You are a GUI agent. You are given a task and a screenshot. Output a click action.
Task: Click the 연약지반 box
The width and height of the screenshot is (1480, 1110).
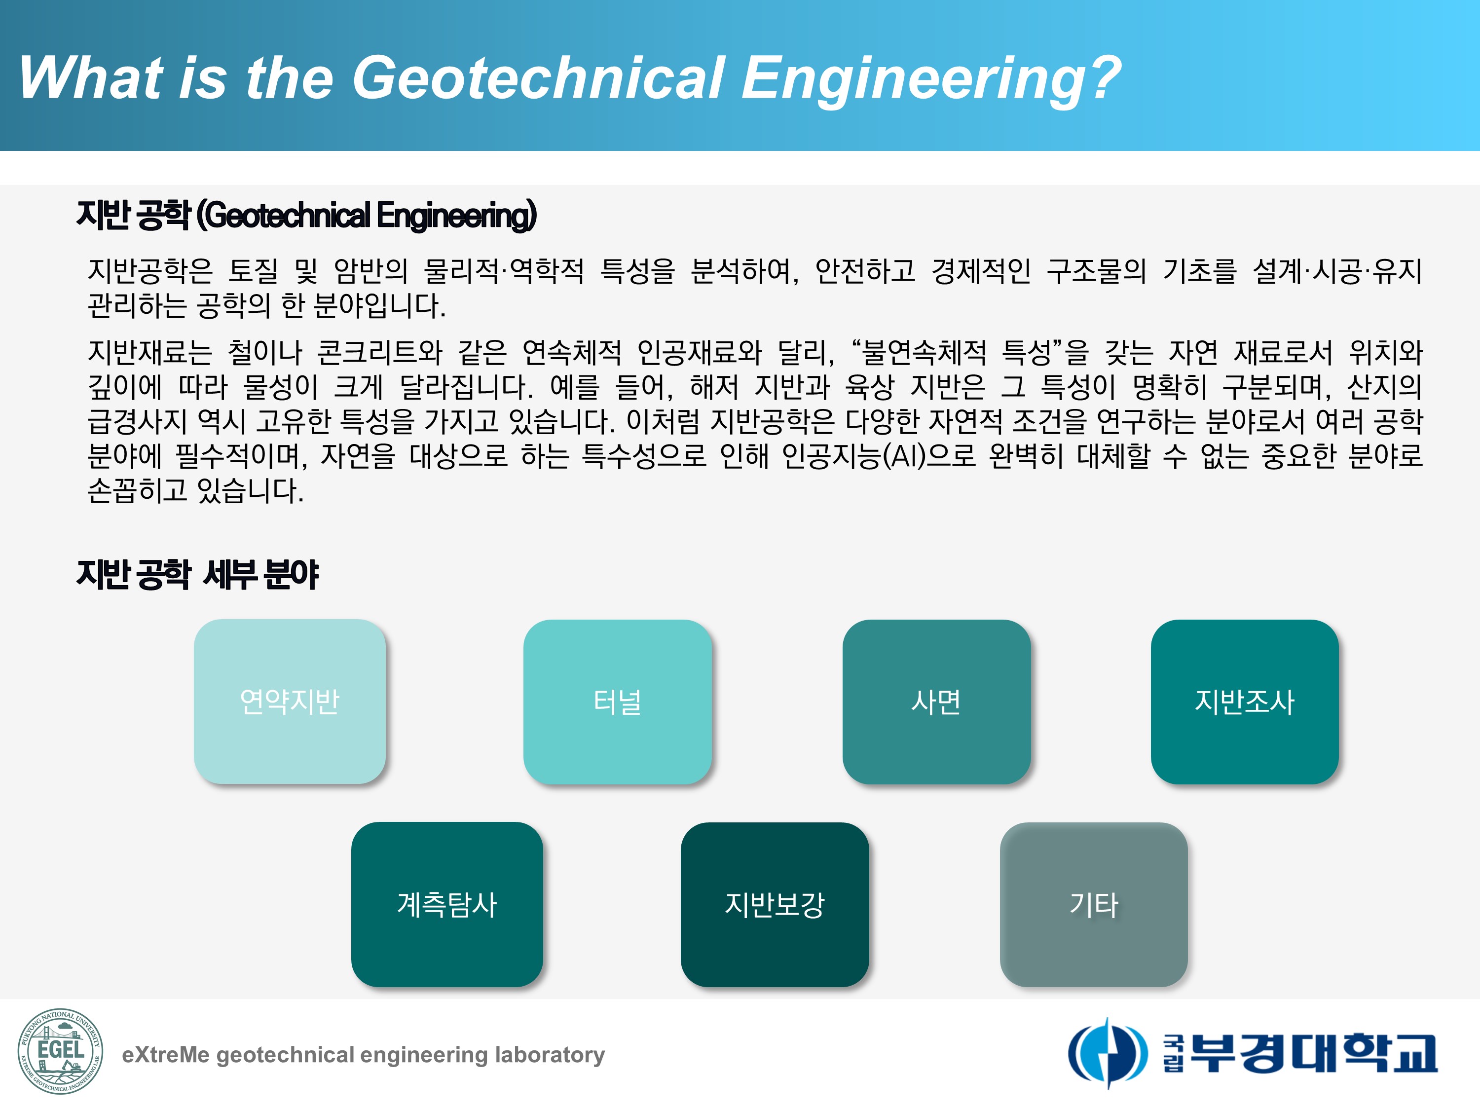290,701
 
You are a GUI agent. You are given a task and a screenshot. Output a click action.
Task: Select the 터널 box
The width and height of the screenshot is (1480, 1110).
617,701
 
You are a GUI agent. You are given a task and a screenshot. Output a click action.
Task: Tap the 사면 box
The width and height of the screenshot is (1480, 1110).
936,701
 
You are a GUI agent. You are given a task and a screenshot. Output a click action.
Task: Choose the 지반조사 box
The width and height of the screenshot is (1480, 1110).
1245,701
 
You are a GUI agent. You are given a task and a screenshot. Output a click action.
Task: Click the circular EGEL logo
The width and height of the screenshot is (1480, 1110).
60,1051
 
